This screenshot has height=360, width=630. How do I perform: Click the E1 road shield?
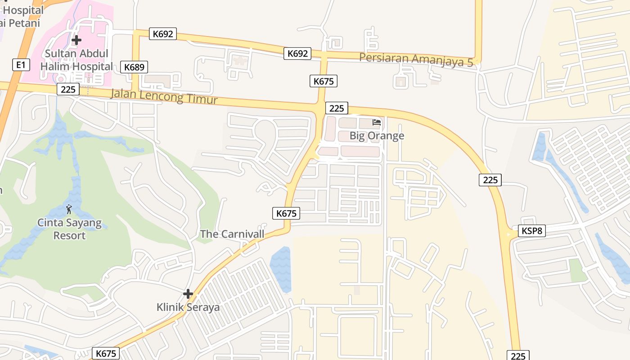[21, 65]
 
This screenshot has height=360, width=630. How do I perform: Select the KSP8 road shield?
[532, 231]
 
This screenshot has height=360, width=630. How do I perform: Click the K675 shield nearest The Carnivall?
[286, 213]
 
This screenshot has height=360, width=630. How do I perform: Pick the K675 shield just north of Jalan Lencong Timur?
[323, 81]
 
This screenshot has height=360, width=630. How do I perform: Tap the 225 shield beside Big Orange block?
[336, 108]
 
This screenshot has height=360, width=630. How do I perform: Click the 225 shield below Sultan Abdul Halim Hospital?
[68, 89]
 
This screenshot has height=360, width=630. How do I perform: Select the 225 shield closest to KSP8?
[490, 180]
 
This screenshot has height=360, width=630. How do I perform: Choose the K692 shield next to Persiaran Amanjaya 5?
[297, 54]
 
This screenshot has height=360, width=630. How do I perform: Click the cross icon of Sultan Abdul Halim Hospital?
[76, 40]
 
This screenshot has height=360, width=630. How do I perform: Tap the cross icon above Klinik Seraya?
[188, 294]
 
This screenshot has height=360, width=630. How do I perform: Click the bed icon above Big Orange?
[377, 122]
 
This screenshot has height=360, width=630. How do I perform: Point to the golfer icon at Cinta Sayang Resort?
[69, 209]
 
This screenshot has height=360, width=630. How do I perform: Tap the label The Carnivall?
[232, 234]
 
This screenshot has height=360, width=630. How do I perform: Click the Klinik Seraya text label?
[188, 307]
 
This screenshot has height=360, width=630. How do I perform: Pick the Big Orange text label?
[377, 136]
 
